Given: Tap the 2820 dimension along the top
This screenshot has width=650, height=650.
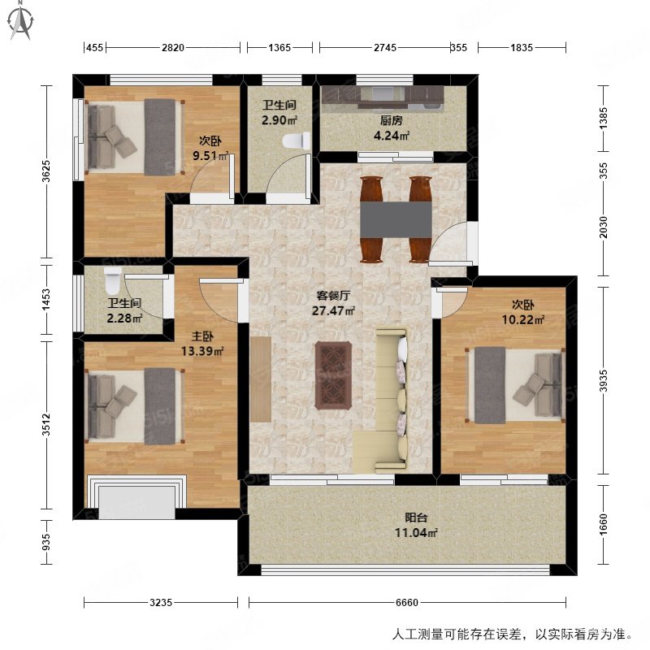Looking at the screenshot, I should (171, 48).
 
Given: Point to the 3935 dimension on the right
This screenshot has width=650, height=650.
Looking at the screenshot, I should (603, 379).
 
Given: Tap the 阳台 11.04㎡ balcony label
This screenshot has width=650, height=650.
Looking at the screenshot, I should (422, 526).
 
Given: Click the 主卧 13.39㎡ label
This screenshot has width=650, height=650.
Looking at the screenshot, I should (202, 344).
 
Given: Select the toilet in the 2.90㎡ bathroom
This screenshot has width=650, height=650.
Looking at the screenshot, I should (294, 140).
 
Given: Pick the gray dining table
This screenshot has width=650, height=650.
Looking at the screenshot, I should (396, 219).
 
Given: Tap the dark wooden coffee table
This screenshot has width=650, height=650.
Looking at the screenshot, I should (333, 375).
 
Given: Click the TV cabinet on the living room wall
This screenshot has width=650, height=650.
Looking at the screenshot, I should (260, 379).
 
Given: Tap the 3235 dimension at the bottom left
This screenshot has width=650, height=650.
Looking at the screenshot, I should (161, 603).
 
